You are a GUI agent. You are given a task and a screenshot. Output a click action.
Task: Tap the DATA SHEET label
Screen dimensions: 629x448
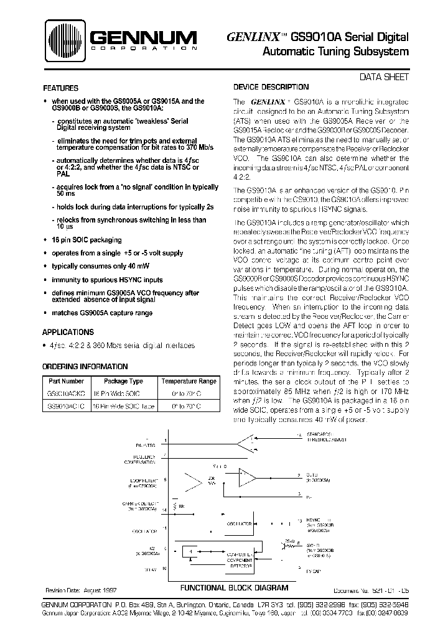point(385,77)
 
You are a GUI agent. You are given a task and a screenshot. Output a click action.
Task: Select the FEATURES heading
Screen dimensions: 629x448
point(60,88)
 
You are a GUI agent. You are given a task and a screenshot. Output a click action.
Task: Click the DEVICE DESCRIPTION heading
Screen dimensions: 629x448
point(270,88)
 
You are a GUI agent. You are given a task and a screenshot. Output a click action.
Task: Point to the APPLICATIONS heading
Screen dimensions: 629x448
point(68,333)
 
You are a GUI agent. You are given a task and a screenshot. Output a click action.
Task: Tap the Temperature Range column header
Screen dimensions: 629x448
point(189,381)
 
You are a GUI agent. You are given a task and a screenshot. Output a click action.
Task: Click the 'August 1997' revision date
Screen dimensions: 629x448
point(98,589)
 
